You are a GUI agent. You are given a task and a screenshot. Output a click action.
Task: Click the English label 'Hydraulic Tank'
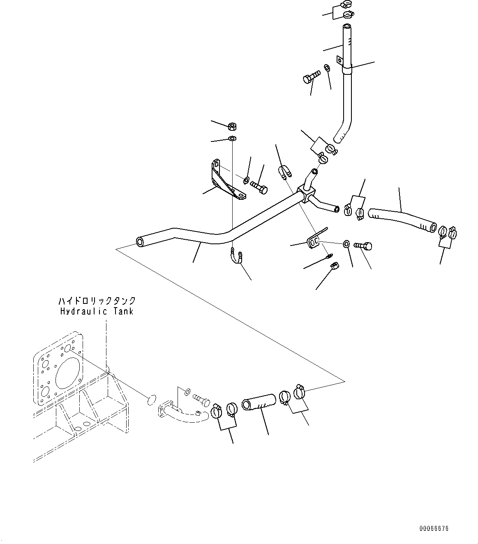97,311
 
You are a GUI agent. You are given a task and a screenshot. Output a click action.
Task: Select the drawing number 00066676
434,528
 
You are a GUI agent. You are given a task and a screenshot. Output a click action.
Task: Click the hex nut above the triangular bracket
232,127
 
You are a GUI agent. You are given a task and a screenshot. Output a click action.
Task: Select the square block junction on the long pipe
308,193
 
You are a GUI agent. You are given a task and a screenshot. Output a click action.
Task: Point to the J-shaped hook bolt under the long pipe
237,256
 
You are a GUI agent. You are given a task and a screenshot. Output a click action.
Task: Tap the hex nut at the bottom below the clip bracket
334,267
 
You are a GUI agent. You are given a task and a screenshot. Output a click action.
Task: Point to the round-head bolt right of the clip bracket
364,245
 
